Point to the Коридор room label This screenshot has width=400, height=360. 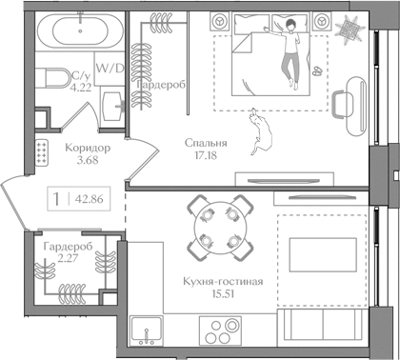pos(86,149)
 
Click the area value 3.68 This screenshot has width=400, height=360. pos(86,161)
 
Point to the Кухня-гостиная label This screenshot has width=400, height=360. pos(221,283)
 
